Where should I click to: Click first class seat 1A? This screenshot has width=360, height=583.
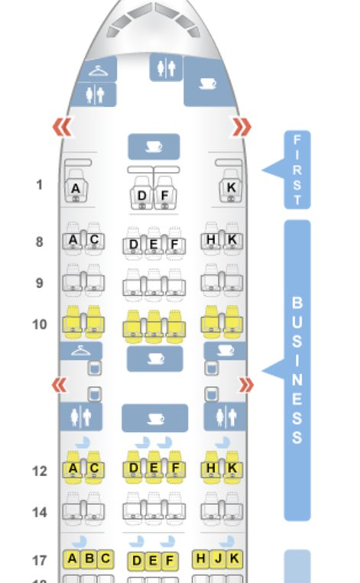click(76, 186)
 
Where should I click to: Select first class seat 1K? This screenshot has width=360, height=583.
click(231, 186)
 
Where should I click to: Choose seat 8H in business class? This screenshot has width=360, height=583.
click(211, 239)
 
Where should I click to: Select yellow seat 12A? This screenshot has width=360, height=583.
click(73, 468)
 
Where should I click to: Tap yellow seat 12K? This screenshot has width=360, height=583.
click(232, 468)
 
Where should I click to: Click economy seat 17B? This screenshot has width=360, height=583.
click(89, 559)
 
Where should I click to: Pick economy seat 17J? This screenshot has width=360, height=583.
click(218, 559)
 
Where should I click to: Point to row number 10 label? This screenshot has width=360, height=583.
click(40, 325)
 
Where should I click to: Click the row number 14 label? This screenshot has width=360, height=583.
click(40, 513)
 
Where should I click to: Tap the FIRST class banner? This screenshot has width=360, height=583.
click(297, 170)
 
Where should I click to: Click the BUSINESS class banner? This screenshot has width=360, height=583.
click(297, 371)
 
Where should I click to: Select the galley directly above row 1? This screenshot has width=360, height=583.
click(154, 147)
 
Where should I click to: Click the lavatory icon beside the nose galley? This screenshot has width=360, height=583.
click(166, 68)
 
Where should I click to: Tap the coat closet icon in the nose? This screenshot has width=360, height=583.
click(98, 70)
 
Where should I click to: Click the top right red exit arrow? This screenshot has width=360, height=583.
click(242, 127)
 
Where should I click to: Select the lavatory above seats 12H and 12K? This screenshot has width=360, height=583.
click(225, 416)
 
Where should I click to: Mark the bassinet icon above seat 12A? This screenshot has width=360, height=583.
click(83, 442)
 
